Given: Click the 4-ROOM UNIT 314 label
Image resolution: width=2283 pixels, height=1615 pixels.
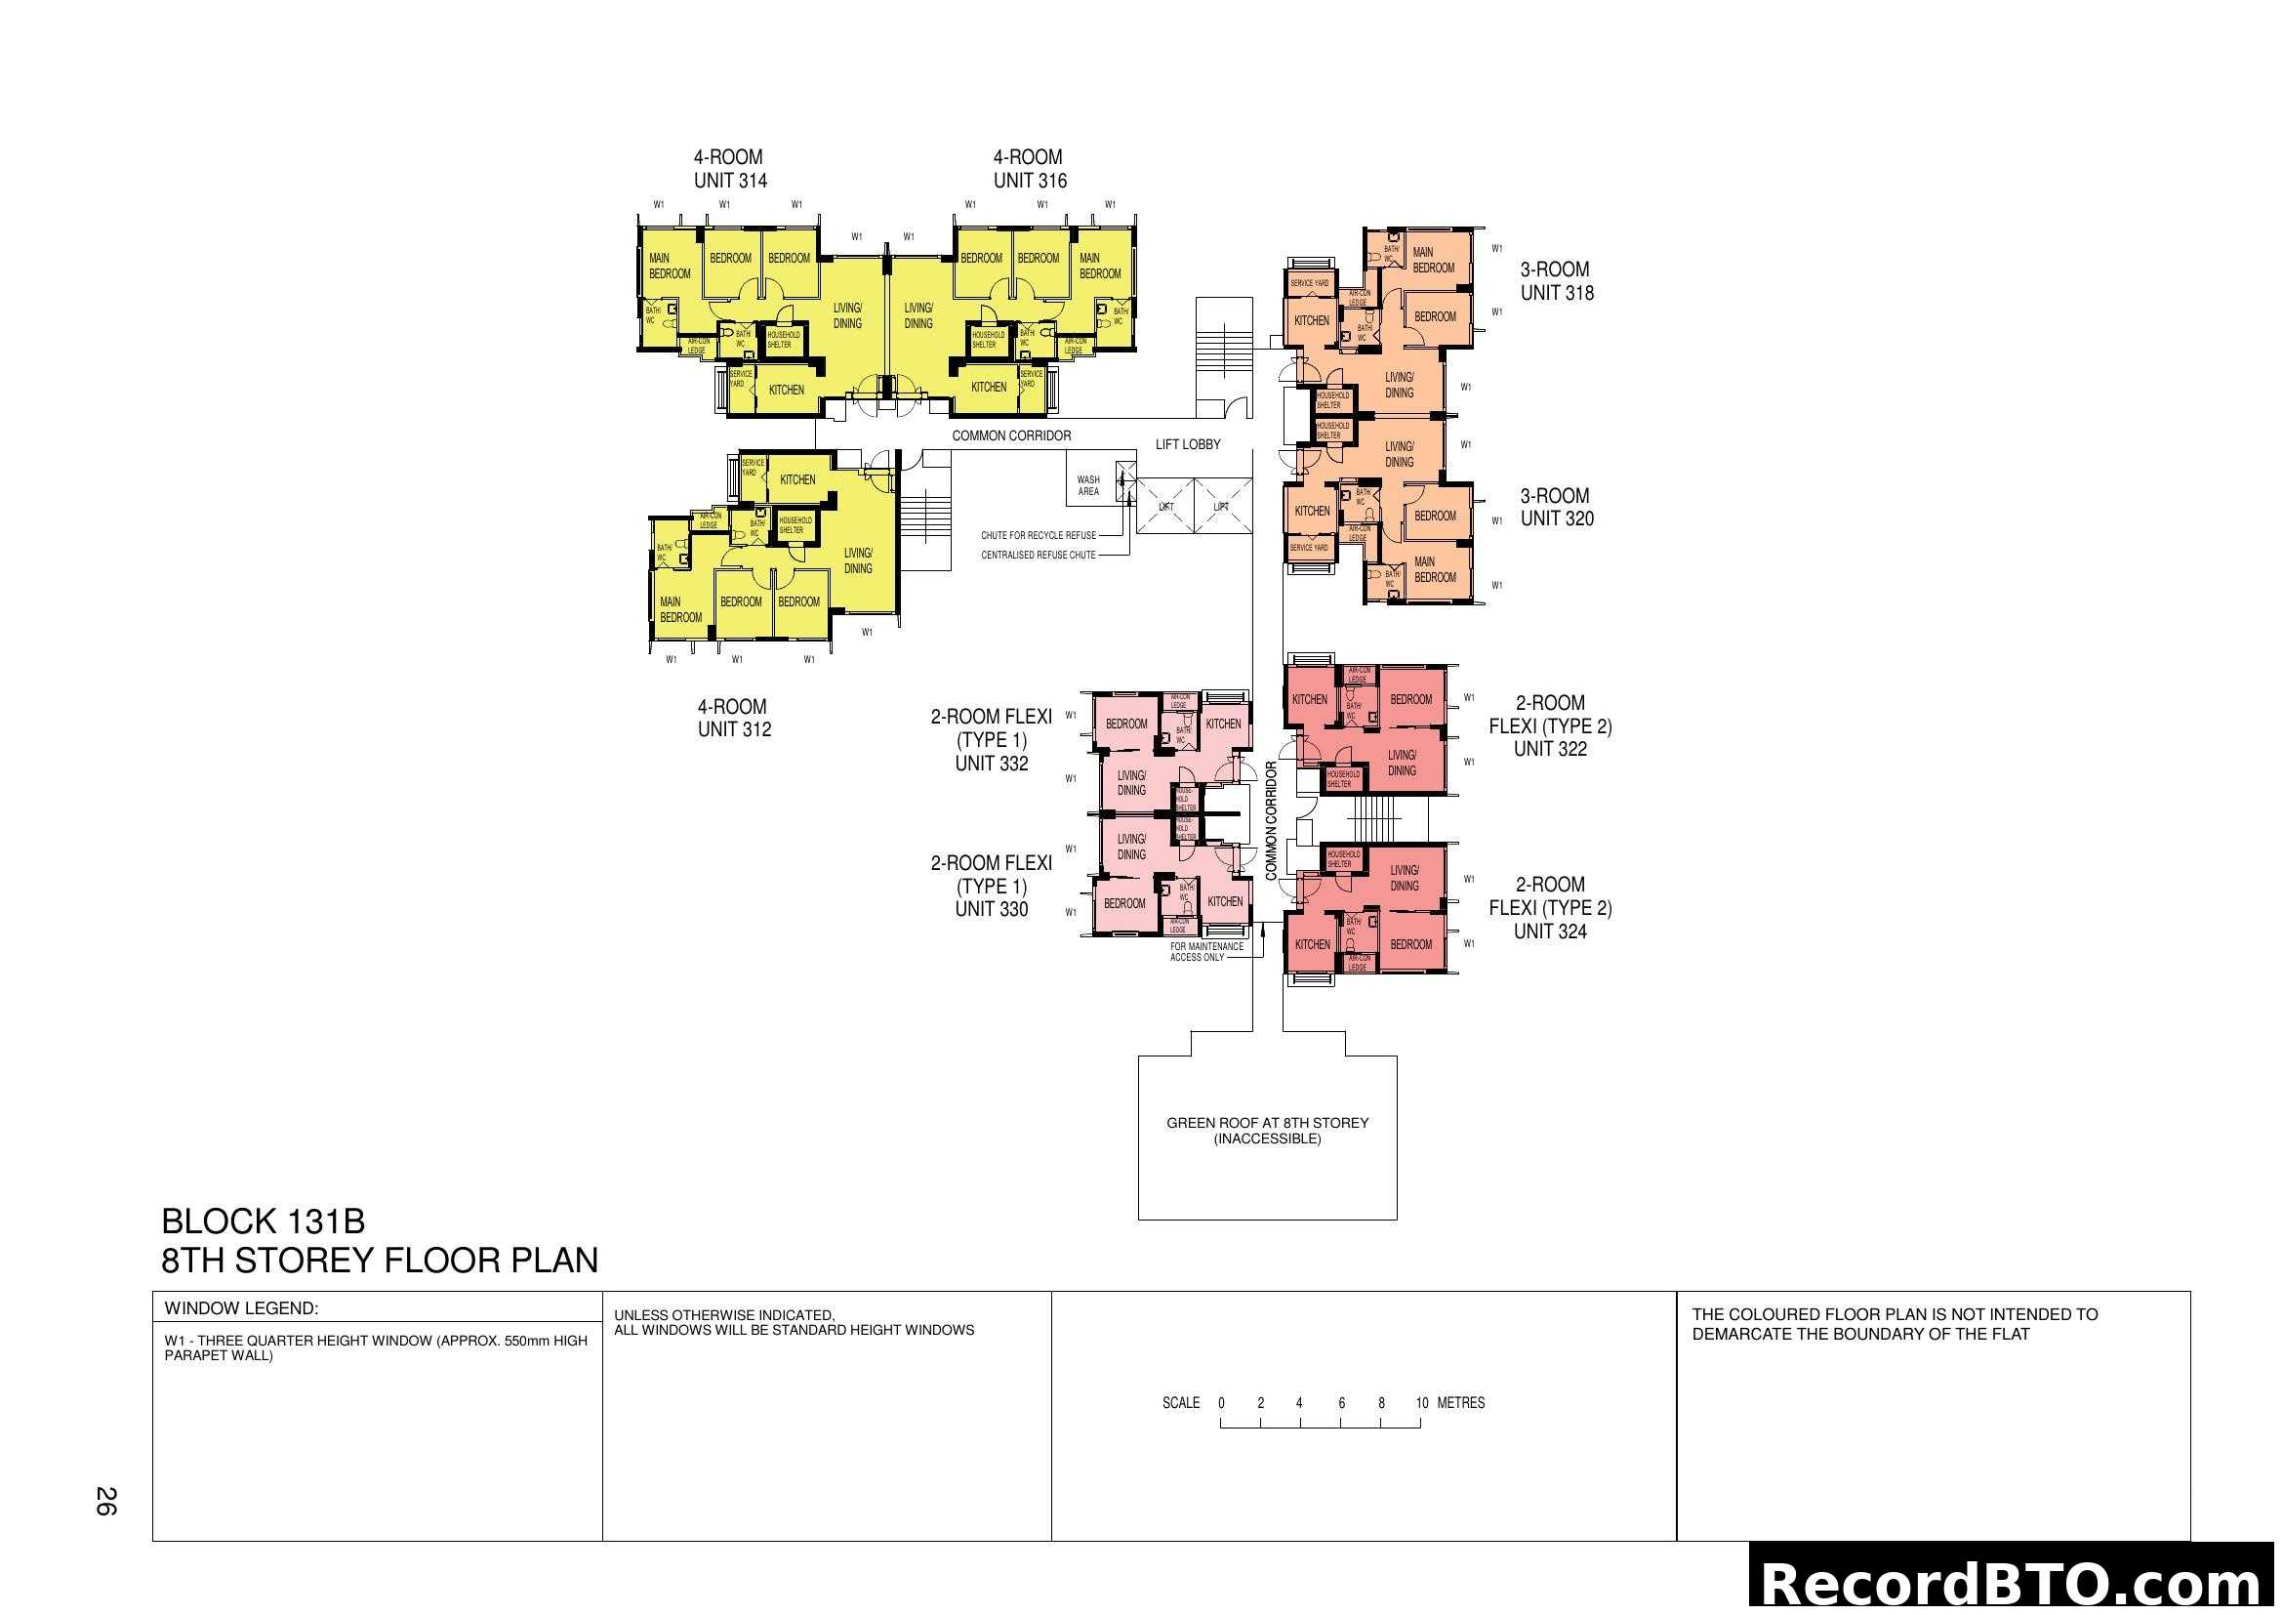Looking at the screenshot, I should coord(730,169).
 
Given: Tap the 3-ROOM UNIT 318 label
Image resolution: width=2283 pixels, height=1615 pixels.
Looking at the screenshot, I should coord(1556,281).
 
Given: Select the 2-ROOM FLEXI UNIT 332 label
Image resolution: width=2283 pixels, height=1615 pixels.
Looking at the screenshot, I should coord(991,740).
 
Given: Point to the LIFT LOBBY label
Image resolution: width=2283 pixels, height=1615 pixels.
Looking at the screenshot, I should coord(1187,444).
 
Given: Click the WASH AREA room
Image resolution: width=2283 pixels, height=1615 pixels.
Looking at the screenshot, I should coord(1089,485).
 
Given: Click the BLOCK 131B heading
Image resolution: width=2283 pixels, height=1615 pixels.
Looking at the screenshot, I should coord(263,1222).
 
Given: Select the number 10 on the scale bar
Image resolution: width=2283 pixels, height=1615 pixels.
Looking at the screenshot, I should coord(1421,1403).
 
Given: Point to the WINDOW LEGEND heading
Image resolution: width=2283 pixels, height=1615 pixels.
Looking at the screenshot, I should coord(242,1308).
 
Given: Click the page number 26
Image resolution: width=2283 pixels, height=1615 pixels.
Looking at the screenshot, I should coord(105,1501).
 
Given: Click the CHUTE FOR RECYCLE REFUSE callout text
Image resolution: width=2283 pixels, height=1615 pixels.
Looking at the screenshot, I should coord(1039,536).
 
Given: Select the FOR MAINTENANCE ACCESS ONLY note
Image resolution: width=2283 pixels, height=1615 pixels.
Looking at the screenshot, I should coord(1206,952).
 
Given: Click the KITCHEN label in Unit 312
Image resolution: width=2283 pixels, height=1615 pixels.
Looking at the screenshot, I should coord(797,479).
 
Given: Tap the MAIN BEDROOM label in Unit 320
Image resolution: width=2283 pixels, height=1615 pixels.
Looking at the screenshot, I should coord(1435,570).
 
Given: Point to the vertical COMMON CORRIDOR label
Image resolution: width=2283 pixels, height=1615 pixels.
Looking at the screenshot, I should coord(1271,820).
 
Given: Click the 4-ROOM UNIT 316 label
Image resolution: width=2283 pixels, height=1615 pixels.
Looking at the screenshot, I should coord(1029,169).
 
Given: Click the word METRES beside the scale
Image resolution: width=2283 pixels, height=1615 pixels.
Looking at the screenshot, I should coord(1461,1403).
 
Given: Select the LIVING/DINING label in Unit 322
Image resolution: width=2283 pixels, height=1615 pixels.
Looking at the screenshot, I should coord(1402,763).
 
